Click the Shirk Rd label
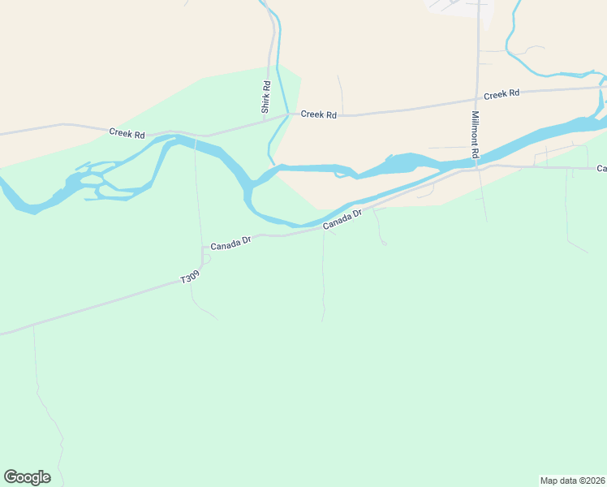[265, 97]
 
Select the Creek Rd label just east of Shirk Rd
[318, 114]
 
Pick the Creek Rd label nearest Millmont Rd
[502, 94]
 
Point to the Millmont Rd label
[476, 135]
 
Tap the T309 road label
[190, 278]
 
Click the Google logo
[27, 477]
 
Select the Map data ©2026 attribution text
[573, 480]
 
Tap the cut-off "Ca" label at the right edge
[601, 169]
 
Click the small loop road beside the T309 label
[206, 259]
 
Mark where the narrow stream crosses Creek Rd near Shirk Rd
[286, 114]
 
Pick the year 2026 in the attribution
[593, 480]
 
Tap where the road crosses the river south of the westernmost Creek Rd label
[195, 143]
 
